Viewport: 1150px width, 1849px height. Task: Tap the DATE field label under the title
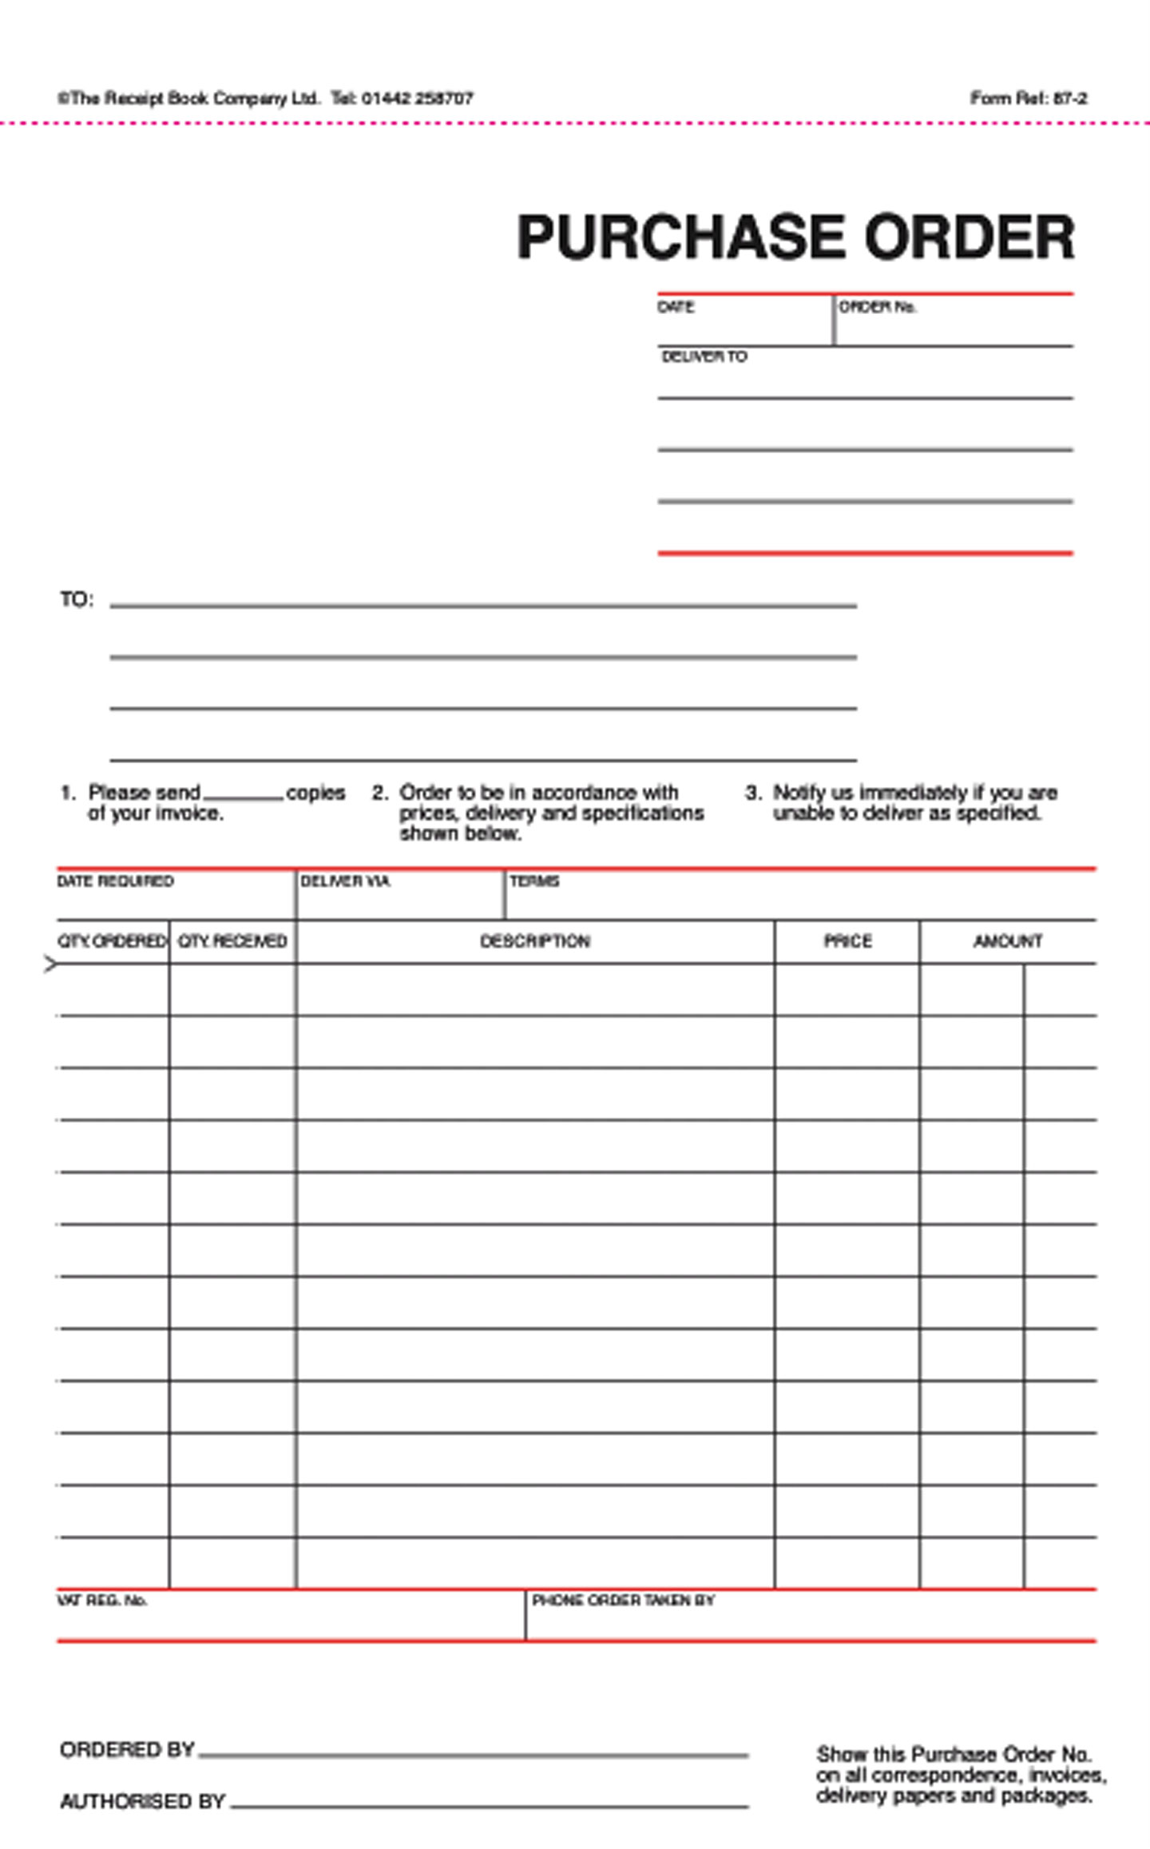tap(676, 307)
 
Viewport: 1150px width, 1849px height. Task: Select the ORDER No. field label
tap(877, 307)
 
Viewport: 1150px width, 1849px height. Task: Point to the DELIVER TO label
tap(704, 356)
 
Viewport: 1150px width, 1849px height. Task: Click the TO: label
tap(77, 599)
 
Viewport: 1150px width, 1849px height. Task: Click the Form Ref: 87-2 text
tap(1028, 98)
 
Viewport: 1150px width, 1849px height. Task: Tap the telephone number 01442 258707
tap(417, 98)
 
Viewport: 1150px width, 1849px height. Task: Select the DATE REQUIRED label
tap(115, 881)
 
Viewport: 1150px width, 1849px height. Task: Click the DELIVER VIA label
tap(344, 881)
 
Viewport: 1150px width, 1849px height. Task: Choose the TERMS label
tap(534, 881)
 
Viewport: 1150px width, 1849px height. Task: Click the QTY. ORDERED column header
tap(112, 940)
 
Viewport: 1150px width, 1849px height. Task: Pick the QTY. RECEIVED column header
tap(232, 940)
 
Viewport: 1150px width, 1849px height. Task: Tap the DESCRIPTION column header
tap(534, 940)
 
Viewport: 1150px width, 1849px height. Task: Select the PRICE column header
tap(847, 940)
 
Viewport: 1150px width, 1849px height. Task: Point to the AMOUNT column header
tap(1007, 940)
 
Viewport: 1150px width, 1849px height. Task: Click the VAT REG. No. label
tap(101, 1600)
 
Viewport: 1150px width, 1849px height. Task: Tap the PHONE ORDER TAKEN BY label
tap(623, 1600)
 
